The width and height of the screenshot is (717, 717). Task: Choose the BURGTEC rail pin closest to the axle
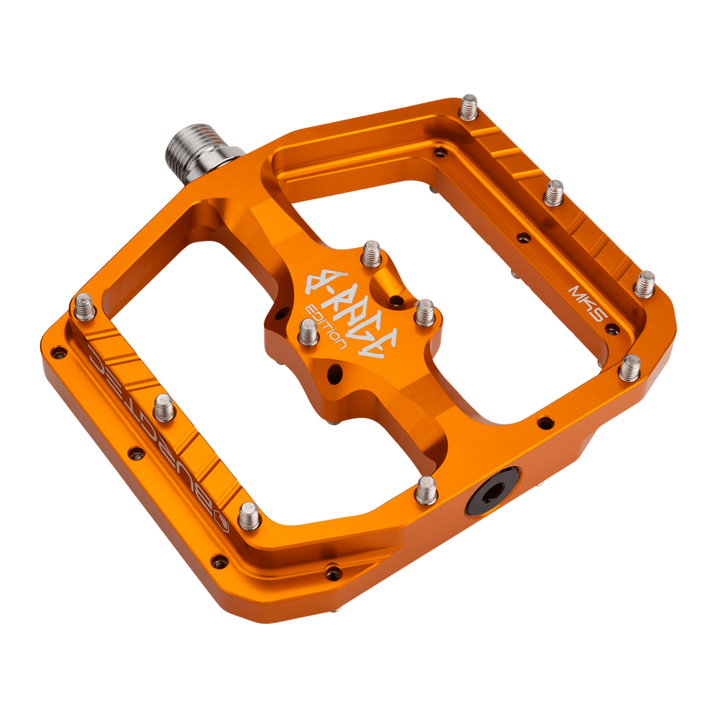82,306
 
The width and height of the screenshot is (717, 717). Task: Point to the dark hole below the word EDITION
333,372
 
